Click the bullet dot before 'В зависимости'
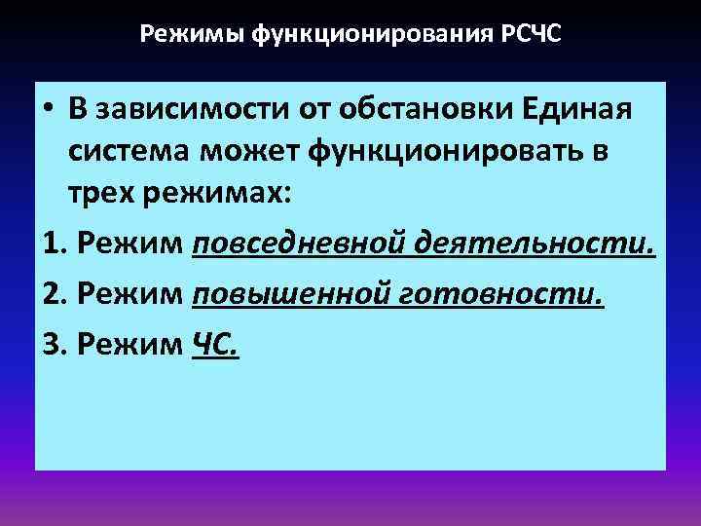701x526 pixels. point(49,111)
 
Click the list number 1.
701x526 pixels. point(50,243)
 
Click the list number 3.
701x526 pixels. point(50,344)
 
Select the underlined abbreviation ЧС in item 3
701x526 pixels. point(215,344)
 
